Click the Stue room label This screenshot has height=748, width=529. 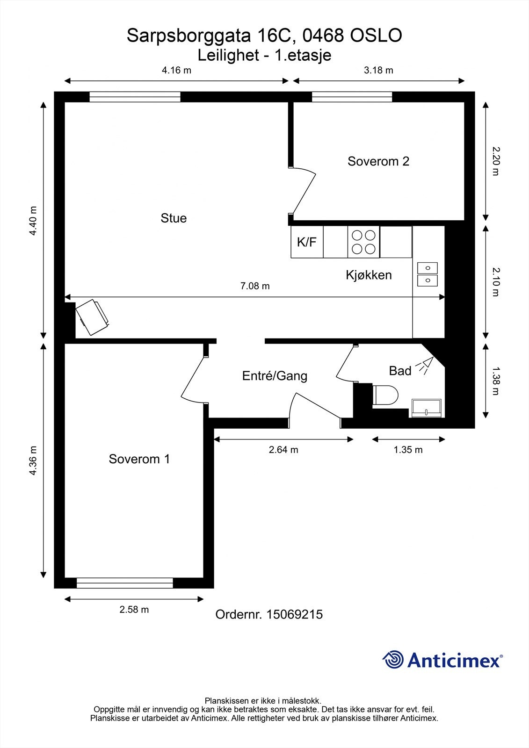pos(174,218)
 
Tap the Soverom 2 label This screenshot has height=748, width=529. pos(378,161)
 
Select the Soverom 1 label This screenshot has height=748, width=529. pos(139,459)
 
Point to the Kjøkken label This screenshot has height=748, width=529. pos(369,275)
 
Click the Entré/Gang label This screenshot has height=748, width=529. pos(275,376)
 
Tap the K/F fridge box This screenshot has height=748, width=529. pos(307,242)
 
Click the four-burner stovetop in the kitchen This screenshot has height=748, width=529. pos(363,242)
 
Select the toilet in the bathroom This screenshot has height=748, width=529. pos(385,395)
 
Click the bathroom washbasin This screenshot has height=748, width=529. pos(427,408)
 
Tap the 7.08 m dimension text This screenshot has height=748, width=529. pos(255,286)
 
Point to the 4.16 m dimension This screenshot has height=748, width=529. pos(176,71)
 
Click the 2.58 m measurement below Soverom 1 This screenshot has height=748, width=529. pos(134,610)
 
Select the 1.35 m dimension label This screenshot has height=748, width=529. pos(408,450)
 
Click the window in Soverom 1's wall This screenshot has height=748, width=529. pos(124,583)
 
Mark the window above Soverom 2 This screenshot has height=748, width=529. pos(352,97)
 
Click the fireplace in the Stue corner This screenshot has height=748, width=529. pos(93,317)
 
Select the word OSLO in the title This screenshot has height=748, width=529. pos(376,36)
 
